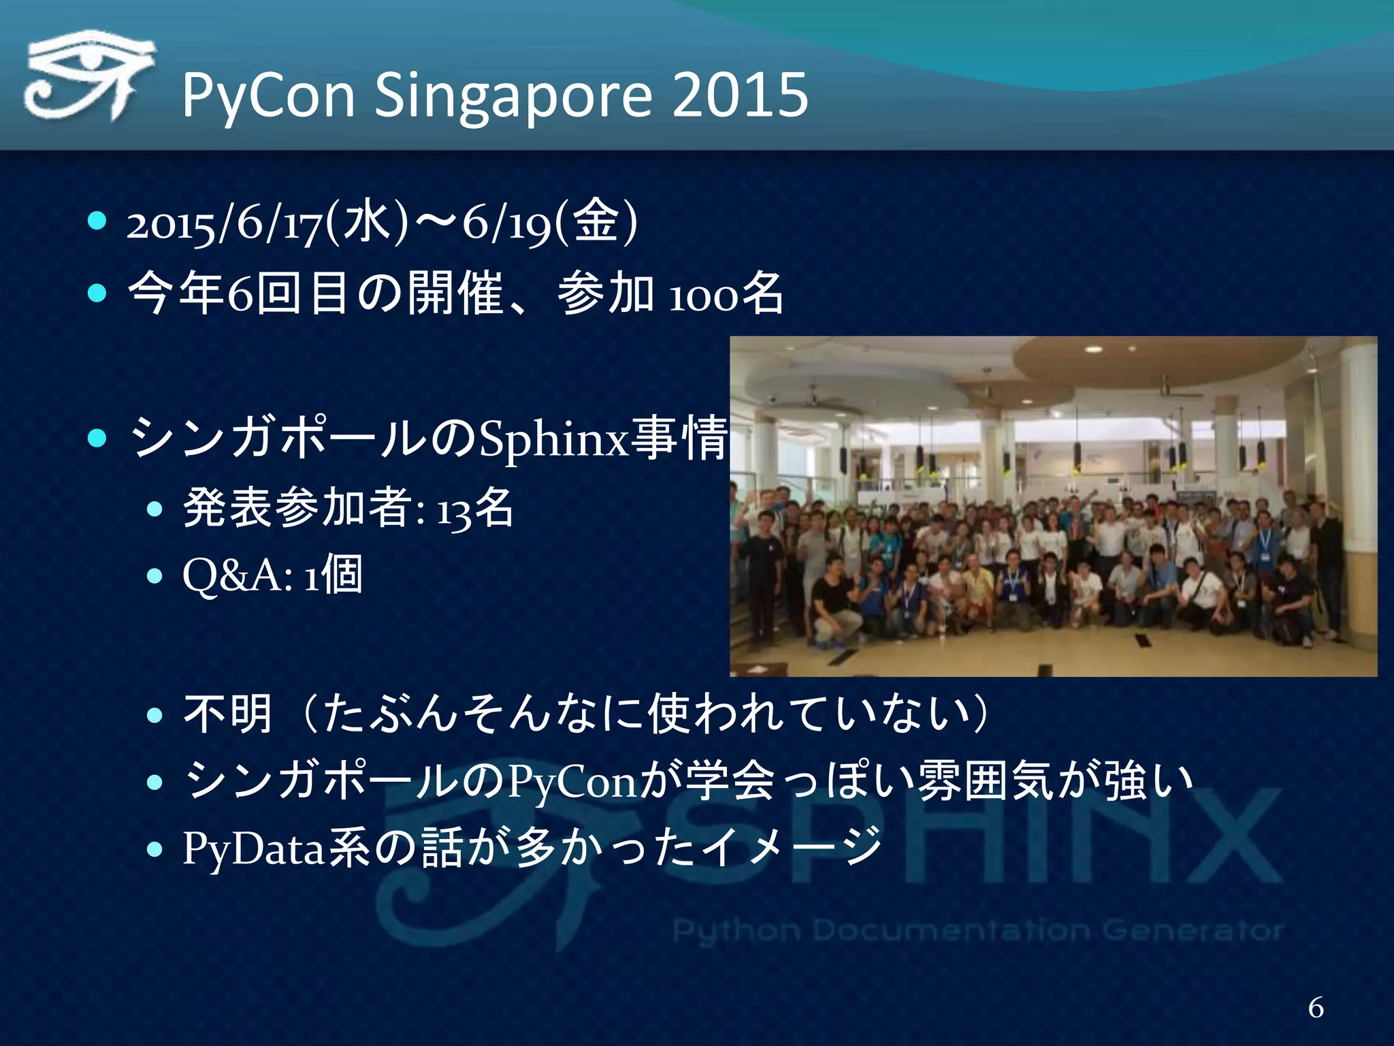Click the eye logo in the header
88,77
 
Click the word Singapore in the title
513,95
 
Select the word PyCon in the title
268,95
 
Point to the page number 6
1316,1007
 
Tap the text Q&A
237,576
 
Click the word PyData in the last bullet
253,849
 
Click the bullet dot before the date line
98,221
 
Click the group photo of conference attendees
1053,506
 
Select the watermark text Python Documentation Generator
977,930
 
